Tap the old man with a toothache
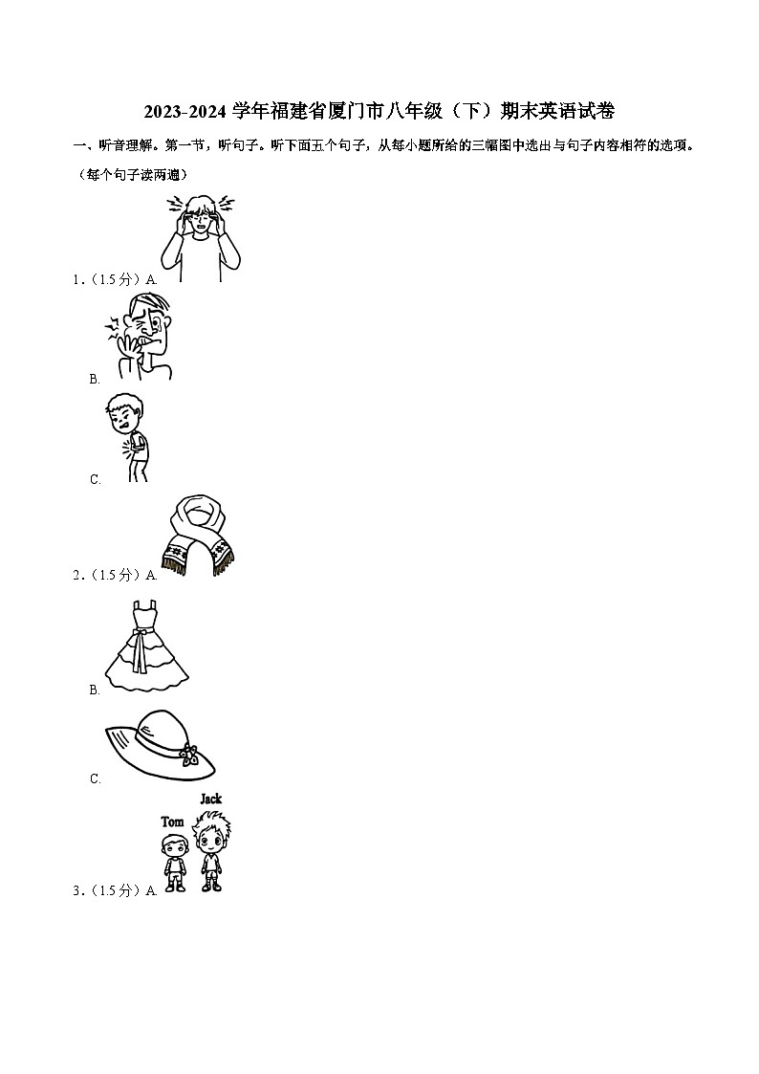coord(139,336)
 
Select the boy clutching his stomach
coord(127,437)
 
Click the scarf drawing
coord(198,536)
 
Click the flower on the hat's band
coord(189,754)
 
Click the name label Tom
coord(172,822)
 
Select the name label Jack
coord(211,799)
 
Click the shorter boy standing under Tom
coord(175,863)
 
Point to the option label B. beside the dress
coord(95,690)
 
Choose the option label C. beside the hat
coord(96,778)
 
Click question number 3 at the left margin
coord(76,890)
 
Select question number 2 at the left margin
coord(76,576)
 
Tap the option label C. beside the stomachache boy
coord(96,479)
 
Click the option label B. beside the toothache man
coord(95,379)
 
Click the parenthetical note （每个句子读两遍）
coord(134,175)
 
